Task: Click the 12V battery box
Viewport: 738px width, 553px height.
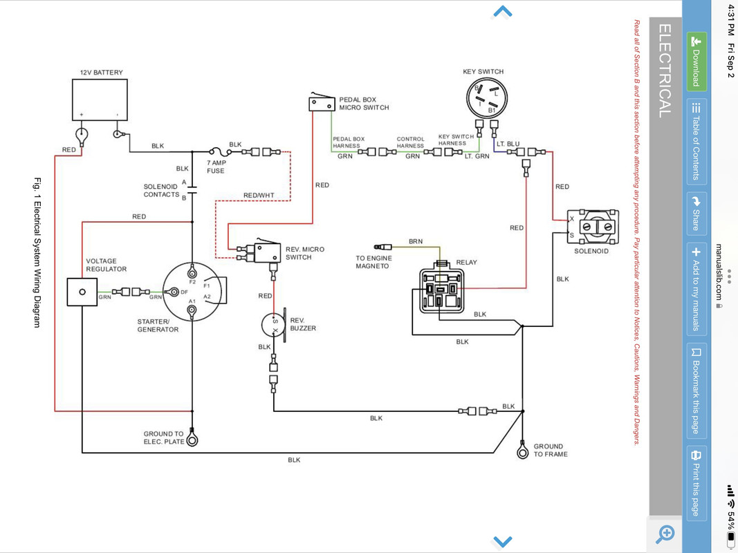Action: pos(100,100)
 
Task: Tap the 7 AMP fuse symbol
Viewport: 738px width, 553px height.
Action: pos(220,152)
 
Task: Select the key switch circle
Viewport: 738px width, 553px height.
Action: pos(487,98)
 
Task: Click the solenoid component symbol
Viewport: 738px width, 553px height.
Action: pos(593,227)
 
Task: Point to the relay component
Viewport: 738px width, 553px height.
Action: pos(441,290)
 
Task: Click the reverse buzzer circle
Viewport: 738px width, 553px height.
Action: pos(273,325)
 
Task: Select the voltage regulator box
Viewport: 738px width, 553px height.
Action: pos(82,292)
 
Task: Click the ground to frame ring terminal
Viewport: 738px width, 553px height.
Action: pos(522,451)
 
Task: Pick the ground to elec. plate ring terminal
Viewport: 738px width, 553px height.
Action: pos(192,439)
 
